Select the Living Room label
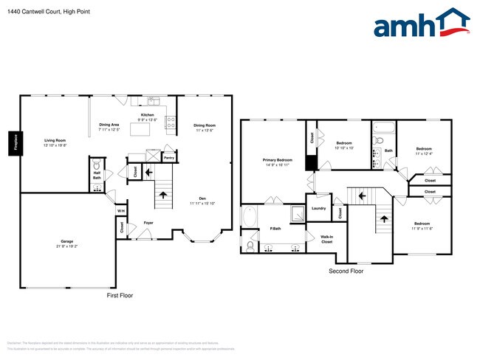pos(55,140)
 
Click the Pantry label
pos(169,156)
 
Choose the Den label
pos(201,197)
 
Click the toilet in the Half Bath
pos(96,164)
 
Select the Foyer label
pos(148,222)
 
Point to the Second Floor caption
pos(346,271)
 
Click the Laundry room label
pos(318,208)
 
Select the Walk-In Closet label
pos(326,240)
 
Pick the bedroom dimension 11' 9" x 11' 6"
pos(422,229)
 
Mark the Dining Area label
pos(109,125)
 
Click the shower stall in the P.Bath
pos(297,214)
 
